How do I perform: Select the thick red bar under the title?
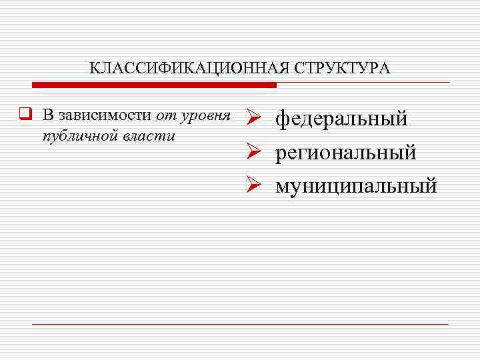pyautogui.click(x=154, y=85)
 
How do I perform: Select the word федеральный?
pyautogui.click(x=341, y=120)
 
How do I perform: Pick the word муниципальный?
pyautogui.click(x=356, y=185)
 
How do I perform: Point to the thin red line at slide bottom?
pyautogui.click(x=240, y=324)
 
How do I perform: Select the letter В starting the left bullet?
pyautogui.click(x=47, y=115)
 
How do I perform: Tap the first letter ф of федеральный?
pyautogui.click(x=283, y=121)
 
